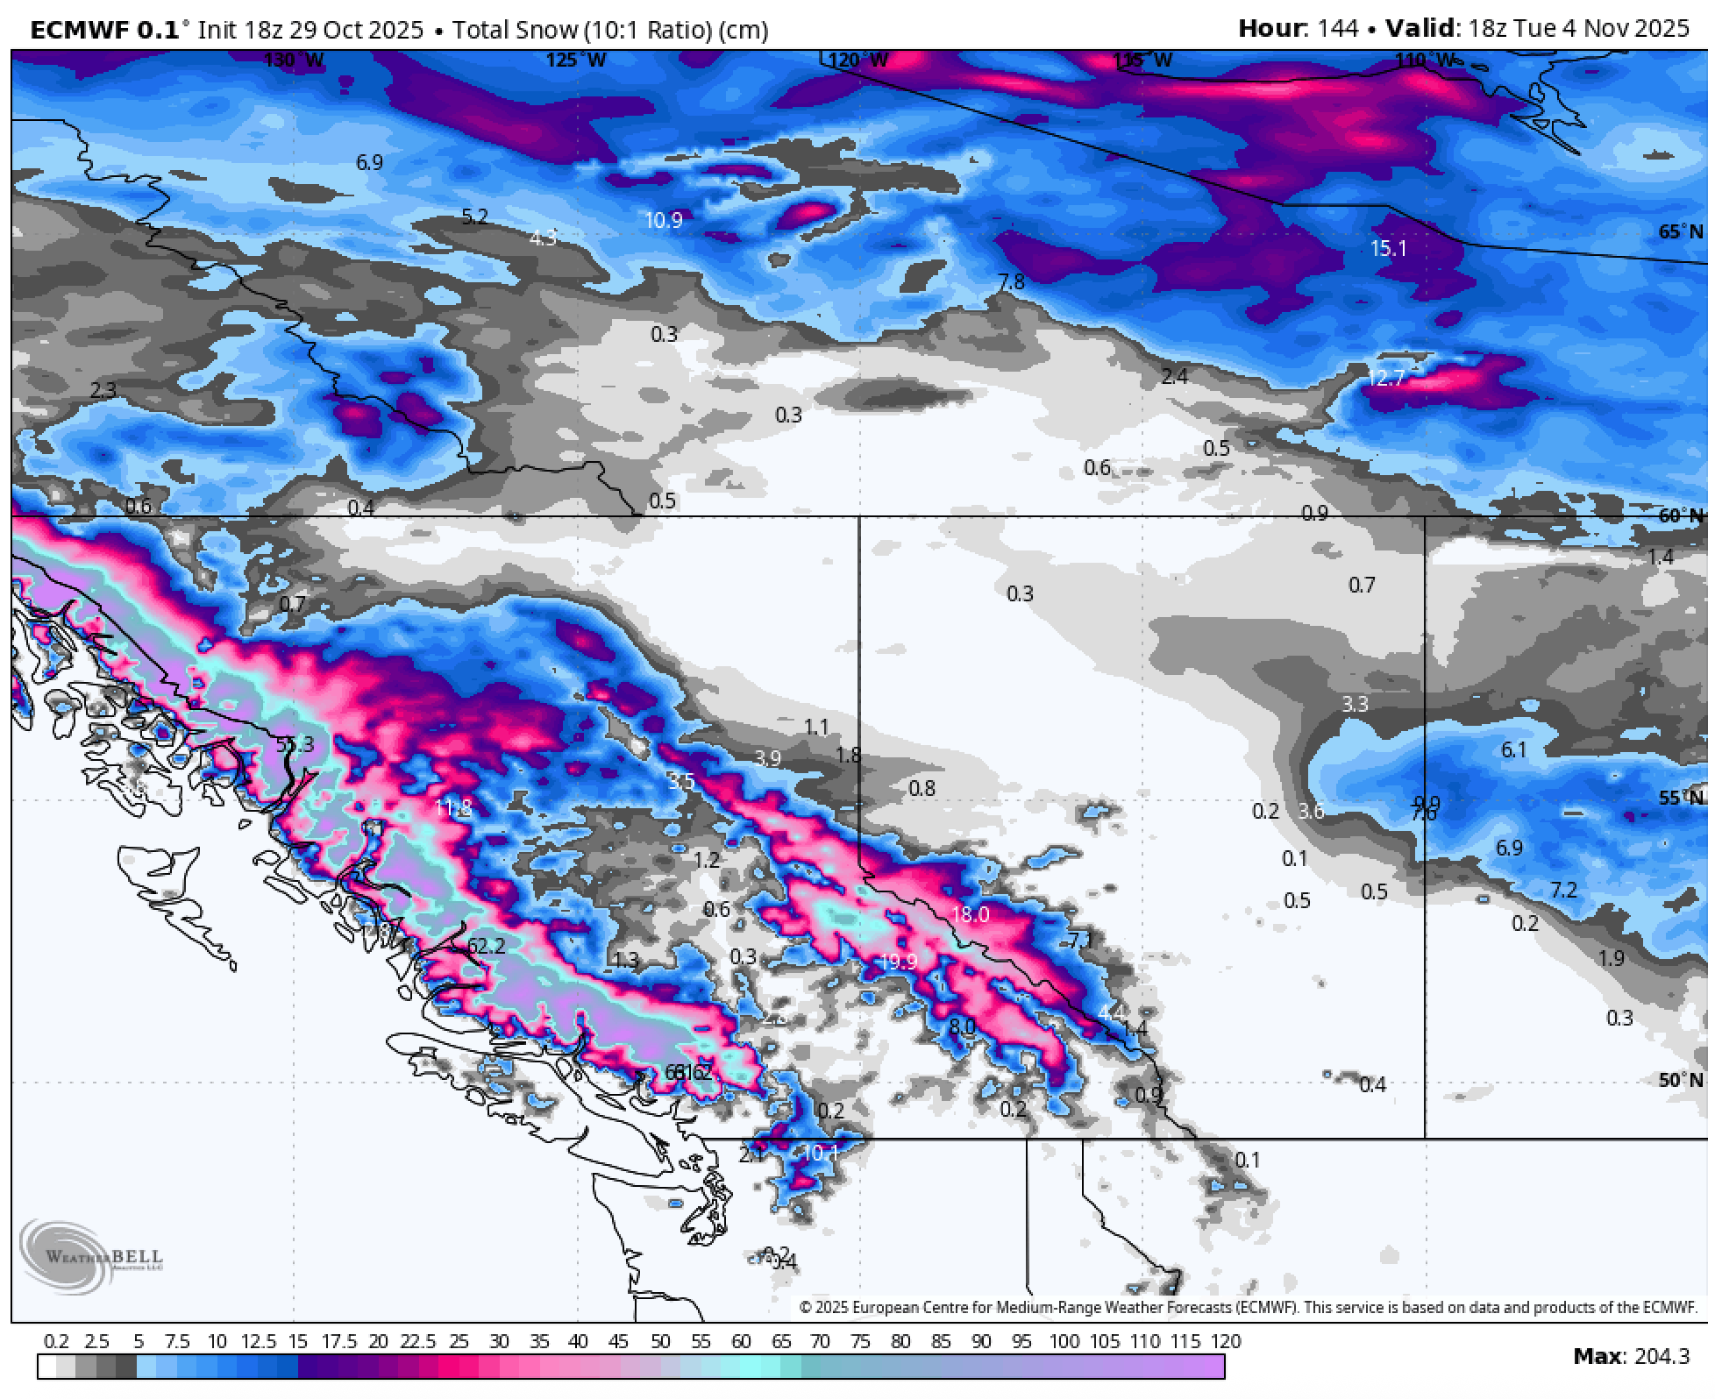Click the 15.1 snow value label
tap(1388, 248)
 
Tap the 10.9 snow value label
tap(663, 220)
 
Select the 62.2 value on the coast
tap(487, 946)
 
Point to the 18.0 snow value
tap(970, 914)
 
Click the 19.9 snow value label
tap(898, 962)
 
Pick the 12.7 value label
tap(1385, 378)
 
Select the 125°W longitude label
tap(576, 60)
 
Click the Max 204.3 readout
tap(1631, 1357)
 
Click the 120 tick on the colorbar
tap(1226, 1341)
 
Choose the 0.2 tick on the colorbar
tap(56, 1341)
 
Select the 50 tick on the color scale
tap(660, 1341)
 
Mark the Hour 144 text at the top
tap(1298, 28)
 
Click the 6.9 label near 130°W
tap(369, 162)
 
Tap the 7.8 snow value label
tap(1011, 282)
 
